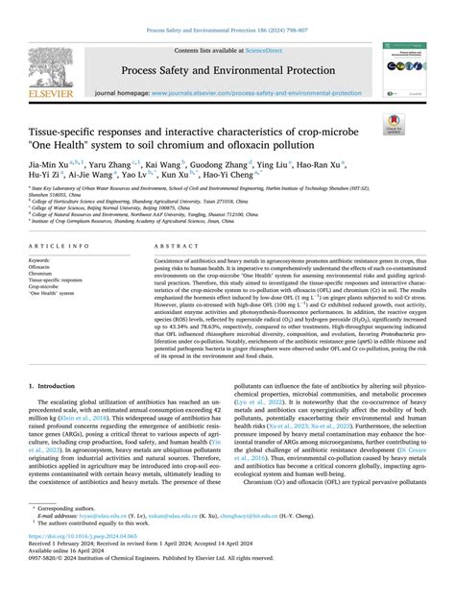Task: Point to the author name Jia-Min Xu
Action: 60,165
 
